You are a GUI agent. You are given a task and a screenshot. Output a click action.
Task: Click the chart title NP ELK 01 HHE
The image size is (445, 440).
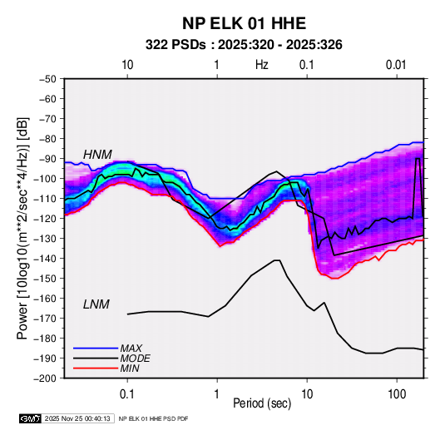tap(244, 23)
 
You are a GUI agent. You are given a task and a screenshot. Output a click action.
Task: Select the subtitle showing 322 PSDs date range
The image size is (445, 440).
tap(244, 45)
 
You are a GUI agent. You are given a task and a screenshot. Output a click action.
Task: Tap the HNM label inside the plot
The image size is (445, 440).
tap(97, 155)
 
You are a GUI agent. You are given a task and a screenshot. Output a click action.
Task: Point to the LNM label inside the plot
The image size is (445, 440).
tap(96, 304)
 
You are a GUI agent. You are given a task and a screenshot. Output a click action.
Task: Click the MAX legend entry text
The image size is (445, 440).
tap(131, 348)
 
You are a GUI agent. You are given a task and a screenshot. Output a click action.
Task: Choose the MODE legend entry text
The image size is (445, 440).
tap(135, 358)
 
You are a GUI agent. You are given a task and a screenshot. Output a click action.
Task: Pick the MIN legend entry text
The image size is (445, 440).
tap(130, 368)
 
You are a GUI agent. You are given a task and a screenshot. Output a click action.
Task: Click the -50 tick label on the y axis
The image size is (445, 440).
tap(47, 79)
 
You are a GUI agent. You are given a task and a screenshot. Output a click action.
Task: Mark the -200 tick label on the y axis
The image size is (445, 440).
tap(45, 378)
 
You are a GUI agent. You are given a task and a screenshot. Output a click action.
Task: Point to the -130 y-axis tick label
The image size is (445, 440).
tap(45, 239)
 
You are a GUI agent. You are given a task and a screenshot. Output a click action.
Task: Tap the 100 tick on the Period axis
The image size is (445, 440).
tap(397, 394)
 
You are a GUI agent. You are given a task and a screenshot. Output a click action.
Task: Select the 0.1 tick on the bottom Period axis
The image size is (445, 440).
tap(127, 394)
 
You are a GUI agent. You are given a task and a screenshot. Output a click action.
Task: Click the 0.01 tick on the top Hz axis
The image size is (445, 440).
tap(396, 65)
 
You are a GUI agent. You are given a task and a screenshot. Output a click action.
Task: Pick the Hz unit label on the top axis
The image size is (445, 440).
tap(262, 65)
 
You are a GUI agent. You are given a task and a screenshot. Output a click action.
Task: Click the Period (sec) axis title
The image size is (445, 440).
tap(262, 403)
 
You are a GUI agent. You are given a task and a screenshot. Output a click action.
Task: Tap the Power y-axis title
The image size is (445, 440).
tap(22, 228)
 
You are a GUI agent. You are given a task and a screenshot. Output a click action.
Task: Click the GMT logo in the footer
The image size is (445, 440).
tap(30, 418)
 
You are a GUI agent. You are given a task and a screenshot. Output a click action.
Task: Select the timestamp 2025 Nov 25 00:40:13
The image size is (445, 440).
tap(77, 418)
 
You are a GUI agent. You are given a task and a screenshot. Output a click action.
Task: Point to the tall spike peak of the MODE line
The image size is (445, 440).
tap(418, 158)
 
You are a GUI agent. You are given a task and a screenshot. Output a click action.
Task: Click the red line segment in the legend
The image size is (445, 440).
tap(96, 368)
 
